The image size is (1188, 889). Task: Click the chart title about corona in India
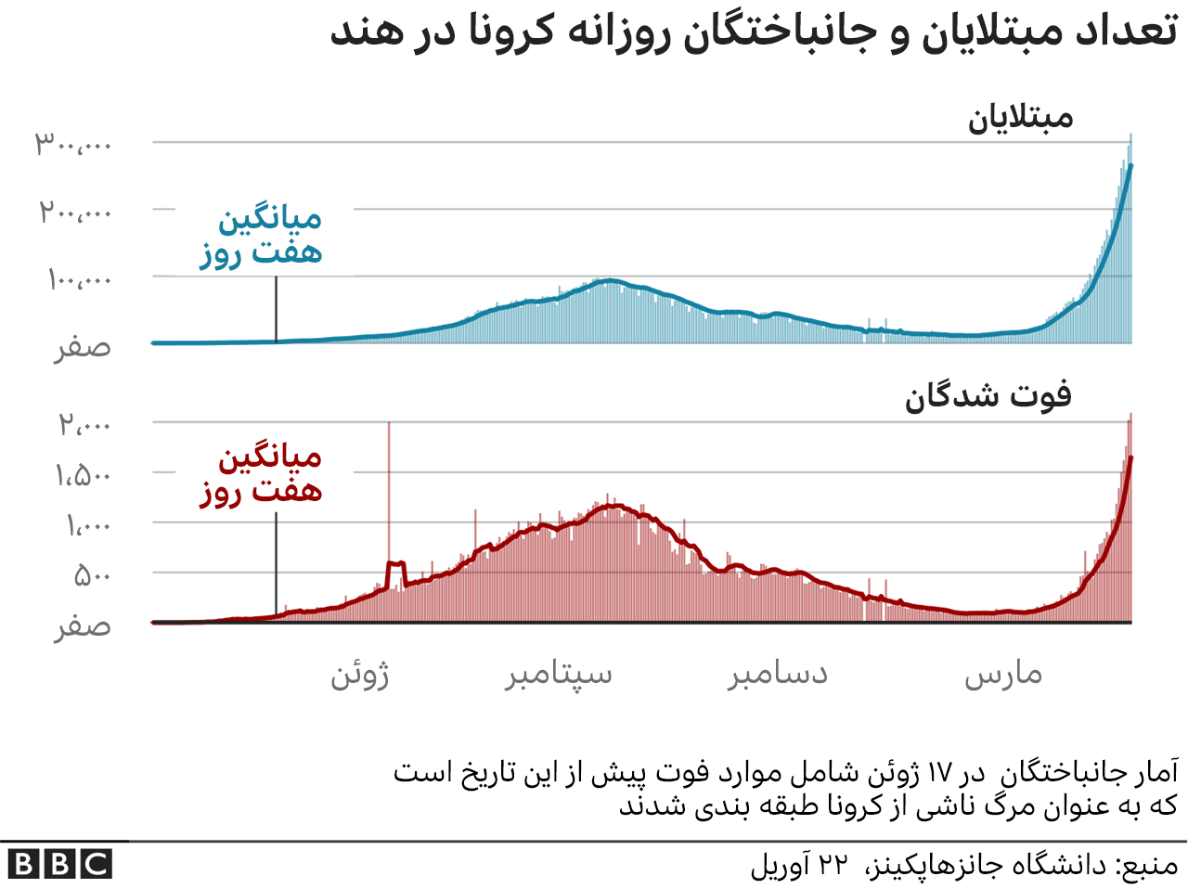tap(754, 32)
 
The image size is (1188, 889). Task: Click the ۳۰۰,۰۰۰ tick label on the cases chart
tap(73, 144)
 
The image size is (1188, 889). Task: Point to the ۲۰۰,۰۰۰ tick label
tap(75, 213)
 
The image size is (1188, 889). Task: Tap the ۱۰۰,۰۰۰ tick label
tap(79, 279)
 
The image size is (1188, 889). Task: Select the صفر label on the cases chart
tap(83, 347)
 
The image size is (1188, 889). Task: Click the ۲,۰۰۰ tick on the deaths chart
tap(84, 425)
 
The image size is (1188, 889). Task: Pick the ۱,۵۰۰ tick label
tap(83, 476)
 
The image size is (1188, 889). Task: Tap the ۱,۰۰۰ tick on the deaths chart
tap(87, 526)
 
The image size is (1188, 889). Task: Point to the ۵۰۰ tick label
tap(93, 576)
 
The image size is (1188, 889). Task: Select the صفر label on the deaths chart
tap(83, 627)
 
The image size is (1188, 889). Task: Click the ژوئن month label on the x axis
tap(360, 675)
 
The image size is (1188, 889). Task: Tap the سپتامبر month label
tap(559, 675)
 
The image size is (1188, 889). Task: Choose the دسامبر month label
tap(778, 675)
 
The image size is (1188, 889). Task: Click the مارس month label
tap(1003, 675)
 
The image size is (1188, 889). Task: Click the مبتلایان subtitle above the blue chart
tap(1020, 118)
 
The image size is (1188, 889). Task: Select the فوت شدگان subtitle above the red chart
tap(988, 396)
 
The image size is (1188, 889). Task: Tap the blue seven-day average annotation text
tap(261, 236)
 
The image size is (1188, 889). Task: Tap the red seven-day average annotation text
tap(261, 473)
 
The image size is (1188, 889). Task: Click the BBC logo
tap(59, 865)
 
